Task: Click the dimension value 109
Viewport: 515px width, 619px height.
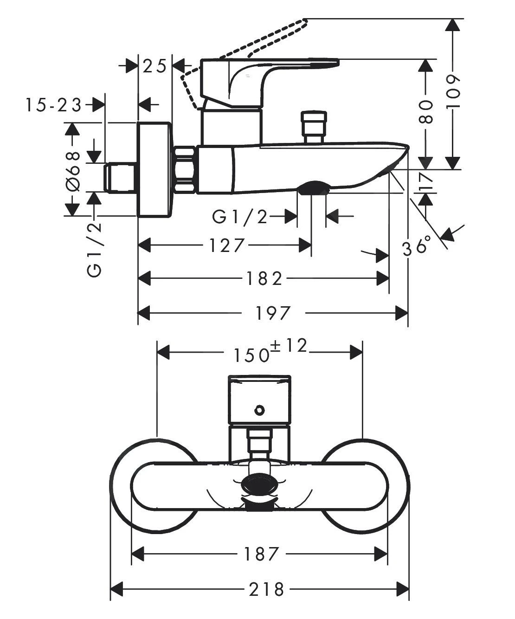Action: point(454,92)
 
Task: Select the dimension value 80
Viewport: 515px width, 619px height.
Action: point(425,112)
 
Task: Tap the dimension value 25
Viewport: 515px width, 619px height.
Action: point(154,66)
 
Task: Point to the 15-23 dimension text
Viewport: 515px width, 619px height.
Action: point(53,105)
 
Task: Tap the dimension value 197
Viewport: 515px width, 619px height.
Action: point(273,313)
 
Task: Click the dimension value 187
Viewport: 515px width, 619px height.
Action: point(261,553)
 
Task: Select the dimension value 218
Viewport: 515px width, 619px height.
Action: point(266,589)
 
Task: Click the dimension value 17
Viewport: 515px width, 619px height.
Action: point(425,181)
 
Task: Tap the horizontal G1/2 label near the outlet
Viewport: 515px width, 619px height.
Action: point(240,216)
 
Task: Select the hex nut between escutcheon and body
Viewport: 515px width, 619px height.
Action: point(186,169)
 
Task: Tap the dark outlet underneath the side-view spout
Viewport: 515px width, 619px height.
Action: point(313,188)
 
